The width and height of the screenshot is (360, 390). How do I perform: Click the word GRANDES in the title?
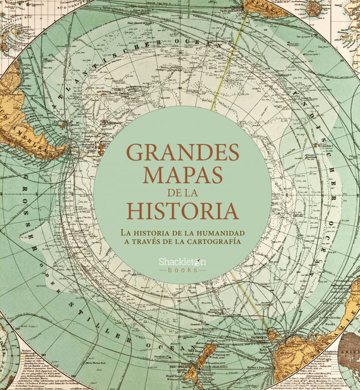[x=182, y=152]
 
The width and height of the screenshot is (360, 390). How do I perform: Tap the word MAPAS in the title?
[x=182, y=174]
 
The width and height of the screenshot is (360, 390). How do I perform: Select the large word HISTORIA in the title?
[x=182, y=211]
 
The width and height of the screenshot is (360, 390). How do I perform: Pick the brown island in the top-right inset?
[x=315, y=8]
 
